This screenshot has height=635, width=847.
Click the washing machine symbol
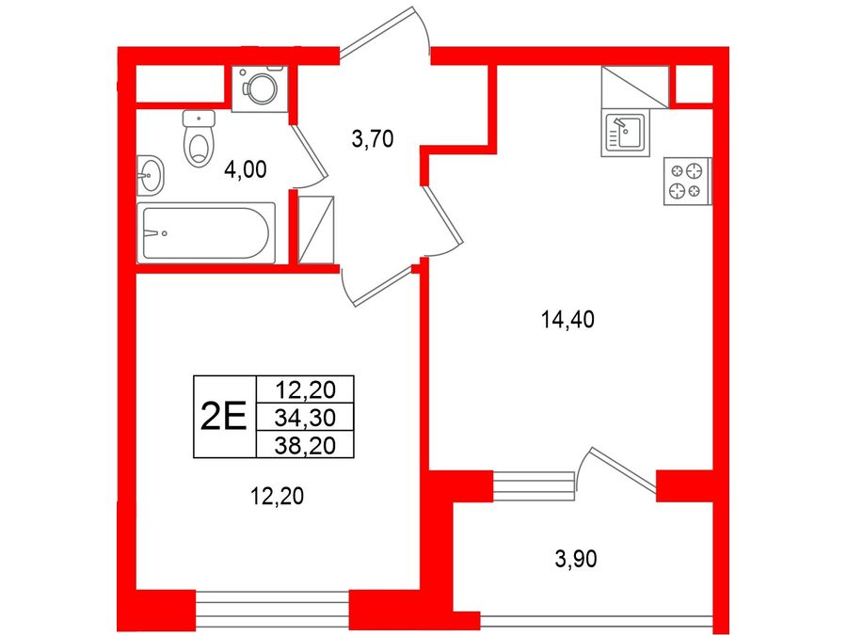pyautogui.click(x=260, y=88)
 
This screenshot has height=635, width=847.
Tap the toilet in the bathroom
pyautogui.click(x=199, y=138)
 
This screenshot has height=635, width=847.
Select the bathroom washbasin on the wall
pyautogui.click(x=151, y=176)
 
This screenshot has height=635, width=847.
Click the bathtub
pyautogui.click(x=206, y=233)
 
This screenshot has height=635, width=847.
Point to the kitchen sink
pyautogui.click(x=626, y=135)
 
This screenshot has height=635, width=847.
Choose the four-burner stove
pyautogui.click(x=688, y=181)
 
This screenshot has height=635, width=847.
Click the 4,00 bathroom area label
pyautogui.click(x=246, y=170)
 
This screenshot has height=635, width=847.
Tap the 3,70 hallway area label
pyautogui.click(x=372, y=139)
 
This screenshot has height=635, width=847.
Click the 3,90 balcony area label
pyautogui.click(x=576, y=560)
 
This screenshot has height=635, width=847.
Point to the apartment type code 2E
pyautogui.click(x=224, y=418)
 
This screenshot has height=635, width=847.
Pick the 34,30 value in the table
pyautogui.click(x=305, y=418)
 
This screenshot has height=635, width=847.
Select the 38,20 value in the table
pyautogui.click(x=305, y=446)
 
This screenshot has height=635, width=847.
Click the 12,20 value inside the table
pyautogui.click(x=305, y=389)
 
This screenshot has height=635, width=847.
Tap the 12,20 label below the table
pyautogui.click(x=277, y=496)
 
